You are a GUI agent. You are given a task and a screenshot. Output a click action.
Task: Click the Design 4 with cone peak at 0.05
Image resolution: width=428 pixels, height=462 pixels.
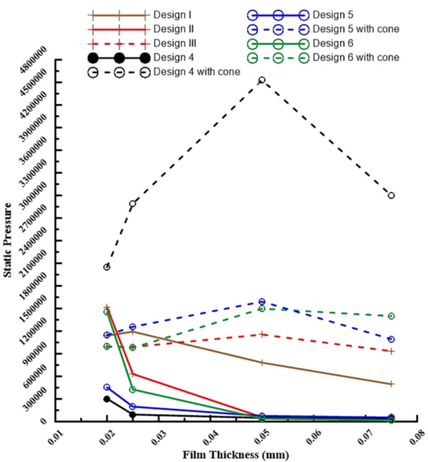262,80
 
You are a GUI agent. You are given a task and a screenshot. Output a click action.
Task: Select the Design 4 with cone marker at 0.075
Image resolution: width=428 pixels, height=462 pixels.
391,196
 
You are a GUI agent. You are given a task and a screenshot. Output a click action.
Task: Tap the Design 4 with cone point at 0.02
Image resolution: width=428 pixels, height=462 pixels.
107,267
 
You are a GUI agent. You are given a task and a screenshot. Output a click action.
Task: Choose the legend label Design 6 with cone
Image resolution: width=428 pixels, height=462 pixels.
356,58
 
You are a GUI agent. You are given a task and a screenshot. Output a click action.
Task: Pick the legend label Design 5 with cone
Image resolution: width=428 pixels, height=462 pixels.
356,29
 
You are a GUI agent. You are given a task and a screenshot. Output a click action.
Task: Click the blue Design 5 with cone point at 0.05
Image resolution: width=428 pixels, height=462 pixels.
262,302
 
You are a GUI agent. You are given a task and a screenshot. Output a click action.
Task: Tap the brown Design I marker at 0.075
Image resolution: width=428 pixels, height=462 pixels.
391,384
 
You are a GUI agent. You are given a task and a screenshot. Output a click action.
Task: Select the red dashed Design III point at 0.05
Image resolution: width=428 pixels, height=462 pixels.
262,334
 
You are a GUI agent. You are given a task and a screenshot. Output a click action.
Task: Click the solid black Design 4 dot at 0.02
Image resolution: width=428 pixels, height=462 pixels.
107,399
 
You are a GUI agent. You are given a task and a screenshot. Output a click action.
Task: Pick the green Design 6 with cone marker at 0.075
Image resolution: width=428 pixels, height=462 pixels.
391,316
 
